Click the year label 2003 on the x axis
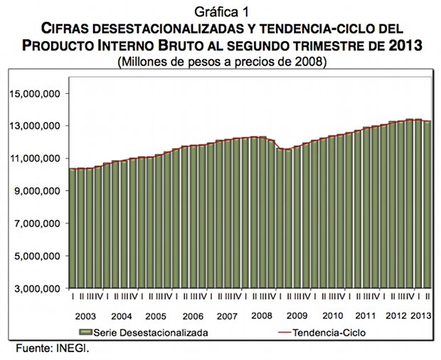point(85,315)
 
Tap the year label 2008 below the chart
point(262,315)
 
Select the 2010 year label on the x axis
point(332,315)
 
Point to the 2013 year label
point(421,315)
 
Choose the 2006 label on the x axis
point(192,315)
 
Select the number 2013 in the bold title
point(413,46)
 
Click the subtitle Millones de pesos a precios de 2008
point(220,62)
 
